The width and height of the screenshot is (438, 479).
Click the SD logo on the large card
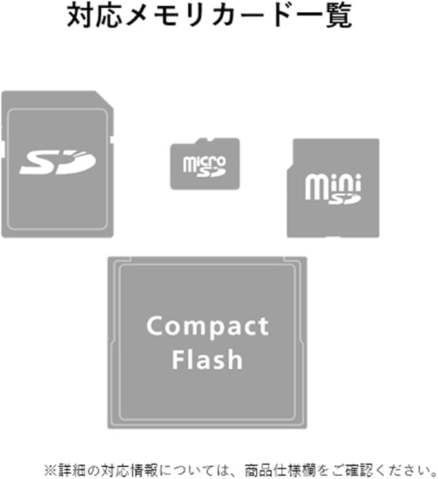click(57, 162)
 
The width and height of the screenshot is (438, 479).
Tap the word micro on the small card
click(204, 160)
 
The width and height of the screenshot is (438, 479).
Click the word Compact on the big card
click(207, 326)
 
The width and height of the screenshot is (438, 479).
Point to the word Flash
click(206, 359)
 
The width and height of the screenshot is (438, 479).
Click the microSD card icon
click(204, 164)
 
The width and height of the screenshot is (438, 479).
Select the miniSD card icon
click(333, 188)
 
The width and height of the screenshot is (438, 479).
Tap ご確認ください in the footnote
click(368, 467)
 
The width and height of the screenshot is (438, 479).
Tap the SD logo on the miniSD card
click(344, 199)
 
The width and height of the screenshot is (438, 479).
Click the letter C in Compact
click(154, 326)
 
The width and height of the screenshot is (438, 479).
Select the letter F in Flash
click(177, 359)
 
